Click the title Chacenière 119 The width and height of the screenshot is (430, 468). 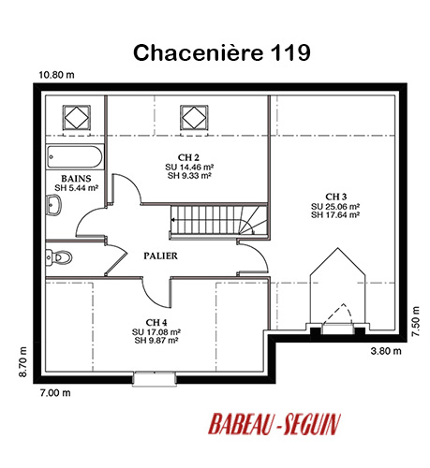click(222, 52)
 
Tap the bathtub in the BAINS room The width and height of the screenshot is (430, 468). click(75, 157)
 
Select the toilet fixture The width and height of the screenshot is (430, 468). click(59, 257)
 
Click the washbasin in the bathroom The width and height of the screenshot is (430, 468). click(53, 205)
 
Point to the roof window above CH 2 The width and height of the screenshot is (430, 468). click(194, 118)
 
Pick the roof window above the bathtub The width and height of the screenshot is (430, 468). click(77, 118)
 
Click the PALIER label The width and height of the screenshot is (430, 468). click(160, 256)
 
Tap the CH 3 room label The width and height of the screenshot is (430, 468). click(335, 197)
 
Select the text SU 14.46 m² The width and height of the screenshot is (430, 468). click(189, 167)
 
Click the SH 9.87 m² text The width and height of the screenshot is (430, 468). click(156, 341)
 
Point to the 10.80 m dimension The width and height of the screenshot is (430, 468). click(56, 75)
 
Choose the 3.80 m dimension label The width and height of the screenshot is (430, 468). click(386, 351)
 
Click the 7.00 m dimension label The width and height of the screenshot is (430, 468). click(55, 393)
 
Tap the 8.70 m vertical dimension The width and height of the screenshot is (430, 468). click(23, 362)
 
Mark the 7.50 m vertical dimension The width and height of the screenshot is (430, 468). click(415, 321)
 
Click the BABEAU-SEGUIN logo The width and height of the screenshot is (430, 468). click(274, 424)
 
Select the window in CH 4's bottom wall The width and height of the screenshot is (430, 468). click(154, 379)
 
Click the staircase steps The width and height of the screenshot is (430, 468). click(218, 220)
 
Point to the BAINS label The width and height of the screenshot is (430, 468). click(76, 179)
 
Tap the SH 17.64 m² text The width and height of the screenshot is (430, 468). click(335, 214)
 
